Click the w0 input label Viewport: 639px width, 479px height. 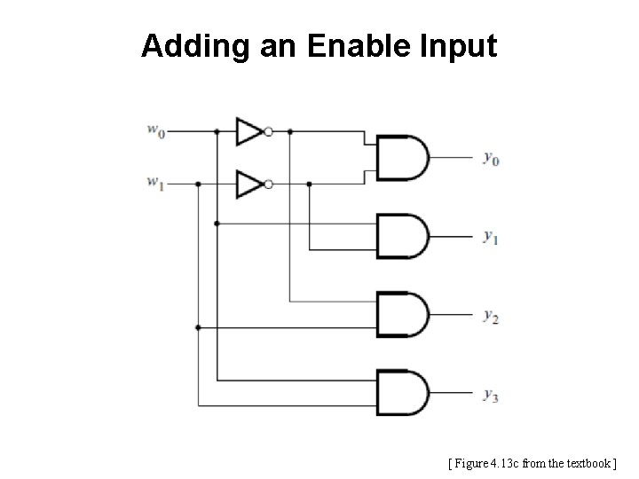tap(155, 131)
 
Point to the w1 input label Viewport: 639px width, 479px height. tap(155, 184)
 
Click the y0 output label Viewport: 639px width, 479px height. tap(491, 159)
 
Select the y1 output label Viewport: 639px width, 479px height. tap(491, 237)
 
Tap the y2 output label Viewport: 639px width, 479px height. tap(491, 315)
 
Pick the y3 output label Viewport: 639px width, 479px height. tap(491, 395)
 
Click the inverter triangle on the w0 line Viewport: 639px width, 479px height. tap(248, 131)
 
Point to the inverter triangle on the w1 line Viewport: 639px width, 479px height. tap(248, 184)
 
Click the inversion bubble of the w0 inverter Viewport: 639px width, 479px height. tap(268, 131)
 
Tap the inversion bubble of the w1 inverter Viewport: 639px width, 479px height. tap(268, 184)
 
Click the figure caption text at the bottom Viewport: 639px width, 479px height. tap(532, 463)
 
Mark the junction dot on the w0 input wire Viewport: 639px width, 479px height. tap(217, 131)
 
